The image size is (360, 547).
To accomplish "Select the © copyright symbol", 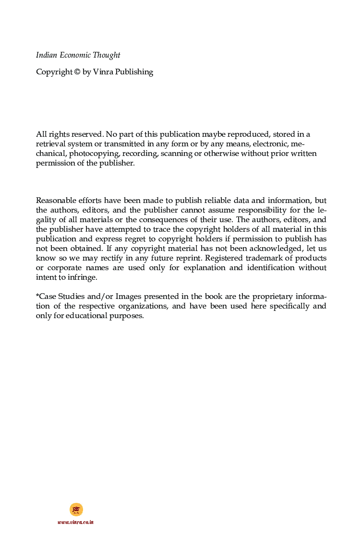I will click(77, 72).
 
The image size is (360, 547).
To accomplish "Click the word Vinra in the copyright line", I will click(103, 72).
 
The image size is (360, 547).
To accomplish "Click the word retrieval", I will click(51, 144).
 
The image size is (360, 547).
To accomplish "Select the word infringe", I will click(82, 277).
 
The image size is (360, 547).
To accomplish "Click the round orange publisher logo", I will click(76, 510).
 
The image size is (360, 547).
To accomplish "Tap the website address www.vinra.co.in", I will click(76, 522).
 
